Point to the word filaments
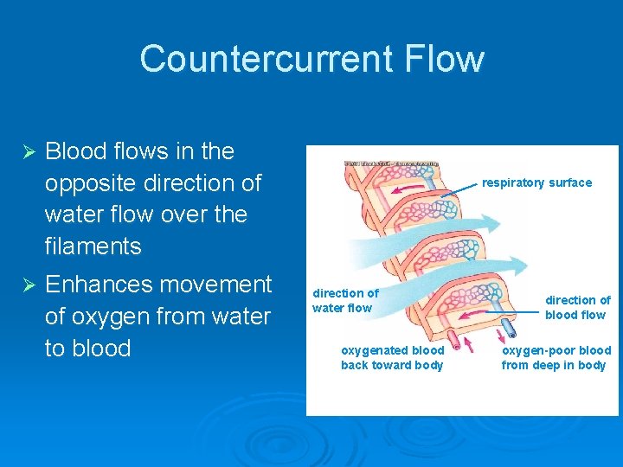click(93, 246)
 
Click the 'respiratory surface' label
click(536, 182)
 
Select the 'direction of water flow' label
click(344, 301)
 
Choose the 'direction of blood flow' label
click(576, 307)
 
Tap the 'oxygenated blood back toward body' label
click(392, 357)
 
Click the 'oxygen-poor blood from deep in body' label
click(556, 357)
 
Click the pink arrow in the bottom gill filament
click(472, 314)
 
